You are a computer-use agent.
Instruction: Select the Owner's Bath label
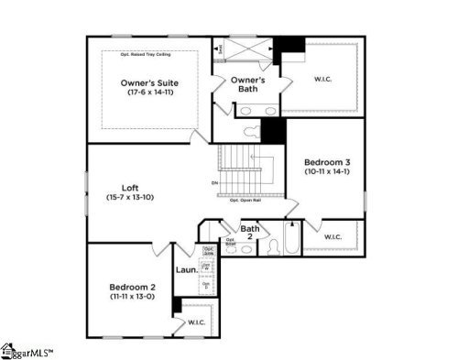[x=247, y=84]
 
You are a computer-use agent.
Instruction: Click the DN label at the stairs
[x=214, y=183]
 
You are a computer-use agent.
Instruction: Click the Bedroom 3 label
[x=327, y=162]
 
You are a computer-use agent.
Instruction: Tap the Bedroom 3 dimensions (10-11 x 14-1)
[x=327, y=173]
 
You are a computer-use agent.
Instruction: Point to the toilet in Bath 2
[x=273, y=246]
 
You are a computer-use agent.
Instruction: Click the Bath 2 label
[x=249, y=232]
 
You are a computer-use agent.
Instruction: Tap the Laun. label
[x=187, y=270]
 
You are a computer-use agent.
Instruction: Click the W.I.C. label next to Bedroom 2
[x=197, y=322]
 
